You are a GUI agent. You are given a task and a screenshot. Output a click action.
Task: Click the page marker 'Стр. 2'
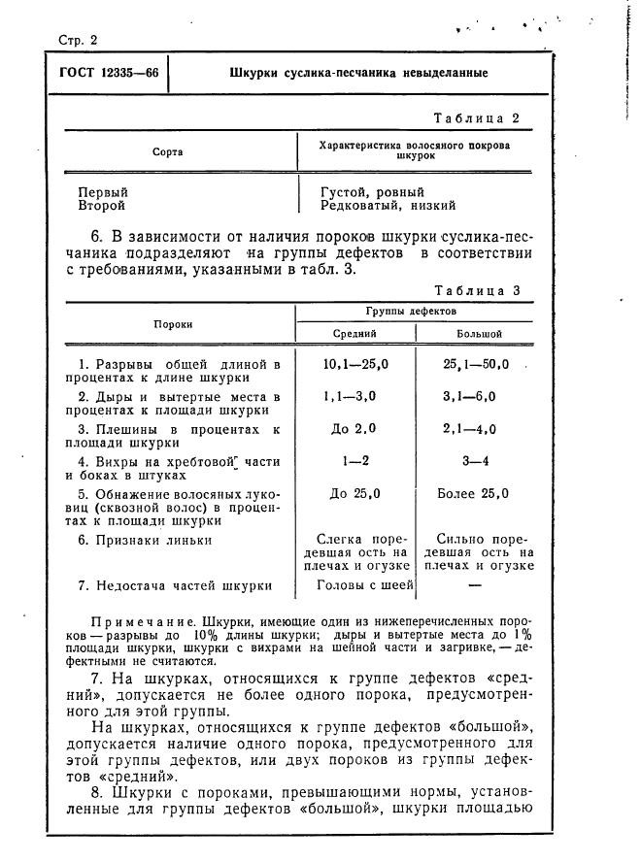72,40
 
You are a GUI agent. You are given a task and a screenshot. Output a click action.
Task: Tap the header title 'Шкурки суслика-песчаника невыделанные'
358,74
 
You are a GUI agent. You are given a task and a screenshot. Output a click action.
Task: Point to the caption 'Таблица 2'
477,118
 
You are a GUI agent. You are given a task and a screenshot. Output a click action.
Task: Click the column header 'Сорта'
167,152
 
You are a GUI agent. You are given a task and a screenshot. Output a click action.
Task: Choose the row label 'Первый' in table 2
103,192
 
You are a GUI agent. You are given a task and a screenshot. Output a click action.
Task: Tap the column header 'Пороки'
172,324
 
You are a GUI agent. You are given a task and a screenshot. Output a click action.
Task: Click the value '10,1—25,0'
355,365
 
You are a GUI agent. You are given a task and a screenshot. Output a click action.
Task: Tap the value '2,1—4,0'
470,428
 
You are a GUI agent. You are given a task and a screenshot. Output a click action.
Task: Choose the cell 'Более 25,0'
473,493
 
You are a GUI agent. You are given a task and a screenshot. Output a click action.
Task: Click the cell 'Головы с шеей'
365,584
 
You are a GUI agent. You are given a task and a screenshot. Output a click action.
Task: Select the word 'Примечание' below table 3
133,619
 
